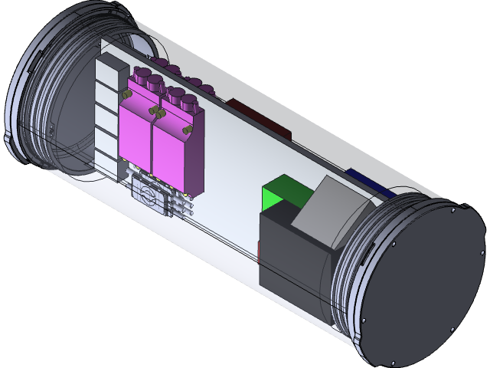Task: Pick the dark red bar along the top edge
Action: pyautogui.click(x=256, y=115)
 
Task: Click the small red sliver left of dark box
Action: pyautogui.click(x=260, y=249)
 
